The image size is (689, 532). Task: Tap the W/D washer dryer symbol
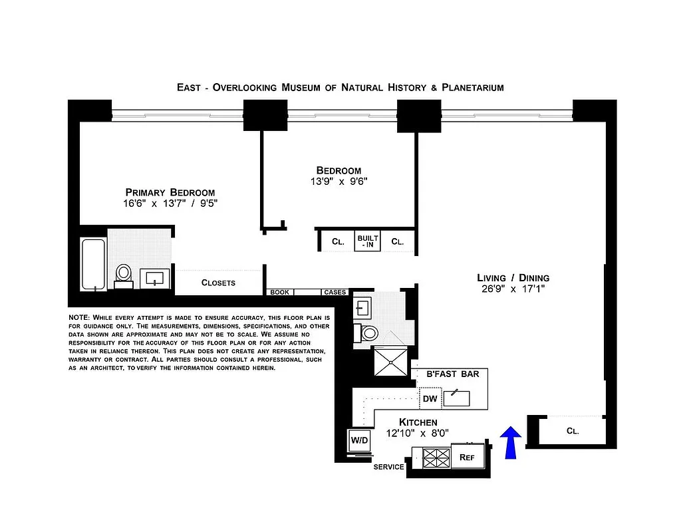click(359, 440)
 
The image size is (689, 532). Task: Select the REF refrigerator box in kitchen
click(467, 458)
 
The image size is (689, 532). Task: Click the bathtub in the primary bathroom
click(93, 265)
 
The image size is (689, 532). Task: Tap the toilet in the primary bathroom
click(124, 275)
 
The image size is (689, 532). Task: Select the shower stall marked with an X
click(391, 362)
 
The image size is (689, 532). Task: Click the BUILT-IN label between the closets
click(368, 241)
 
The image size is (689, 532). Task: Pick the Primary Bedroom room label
click(170, 192)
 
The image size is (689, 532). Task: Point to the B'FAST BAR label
click(452, 374)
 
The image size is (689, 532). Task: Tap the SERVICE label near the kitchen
click(388, 467)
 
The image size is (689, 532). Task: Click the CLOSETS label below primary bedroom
click(218, 283)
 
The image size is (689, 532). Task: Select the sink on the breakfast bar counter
click(457, 398)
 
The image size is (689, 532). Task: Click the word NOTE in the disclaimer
click(79, 318)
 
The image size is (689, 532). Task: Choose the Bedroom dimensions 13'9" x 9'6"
click(339, 182)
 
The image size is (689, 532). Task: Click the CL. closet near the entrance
click(572, 430)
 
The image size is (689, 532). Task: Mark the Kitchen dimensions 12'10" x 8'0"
click(418, 433)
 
